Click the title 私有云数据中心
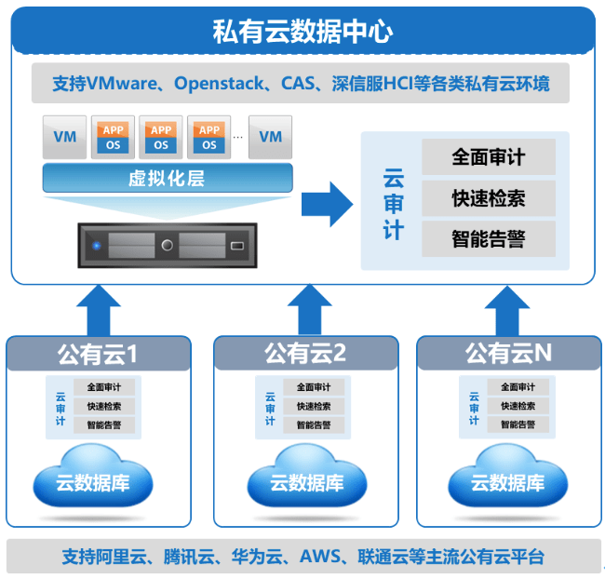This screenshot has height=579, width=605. (302, 33)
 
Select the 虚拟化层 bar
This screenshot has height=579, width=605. (168, 178)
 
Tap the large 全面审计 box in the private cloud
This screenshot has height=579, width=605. (488, 157)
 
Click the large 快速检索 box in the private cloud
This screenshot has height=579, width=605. (488, 198)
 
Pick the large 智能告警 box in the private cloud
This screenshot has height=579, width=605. (488, 239)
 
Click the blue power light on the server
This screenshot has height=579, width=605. (96, 246)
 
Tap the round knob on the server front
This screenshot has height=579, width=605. (168, 246)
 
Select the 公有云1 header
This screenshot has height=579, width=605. (98, 355)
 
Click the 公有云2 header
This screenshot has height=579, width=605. (304, 354)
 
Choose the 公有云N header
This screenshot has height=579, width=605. (508, 354)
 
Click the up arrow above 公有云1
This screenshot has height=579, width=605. (98, 309)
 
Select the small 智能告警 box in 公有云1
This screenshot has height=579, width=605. (110, 425)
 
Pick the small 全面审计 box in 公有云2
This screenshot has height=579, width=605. (314, 387)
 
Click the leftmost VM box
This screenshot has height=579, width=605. (65, 137)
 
